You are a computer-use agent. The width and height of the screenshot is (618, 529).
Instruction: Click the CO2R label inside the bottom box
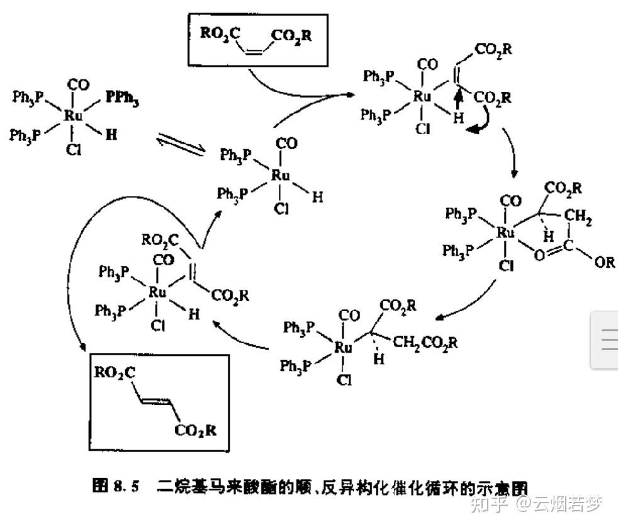click(x=196, y=431)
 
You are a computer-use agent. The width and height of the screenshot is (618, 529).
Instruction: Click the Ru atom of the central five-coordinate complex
click(x=280, y=176)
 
